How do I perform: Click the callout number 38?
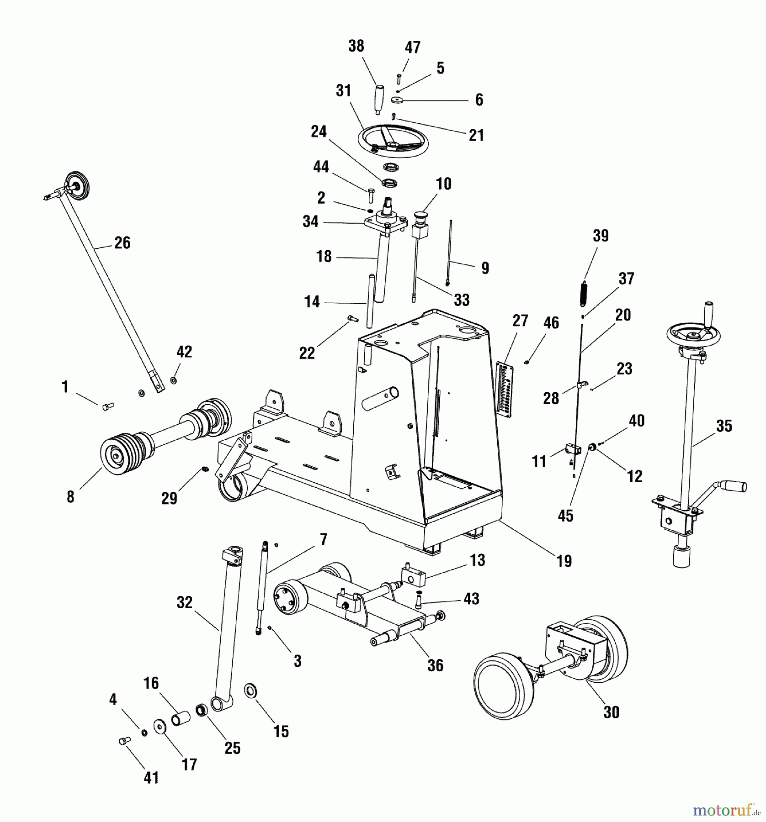pyautogui.click(x=356, y=46)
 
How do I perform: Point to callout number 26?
pyautogui.click(x=122, y=243)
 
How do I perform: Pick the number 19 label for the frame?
pyautogui.click(x=564, y=561)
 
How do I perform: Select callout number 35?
pyautogui.click(x=724, y=426)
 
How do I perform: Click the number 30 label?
pyautogui.click(x=611, y=712)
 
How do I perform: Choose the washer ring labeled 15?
pyautogui.click(x=251, y=690)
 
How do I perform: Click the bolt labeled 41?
pyautogui.click(x=124, y=741)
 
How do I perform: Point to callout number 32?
pyautogui.click(x=185, y=603)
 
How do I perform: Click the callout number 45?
pyautogui.click(x=565, y=516)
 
